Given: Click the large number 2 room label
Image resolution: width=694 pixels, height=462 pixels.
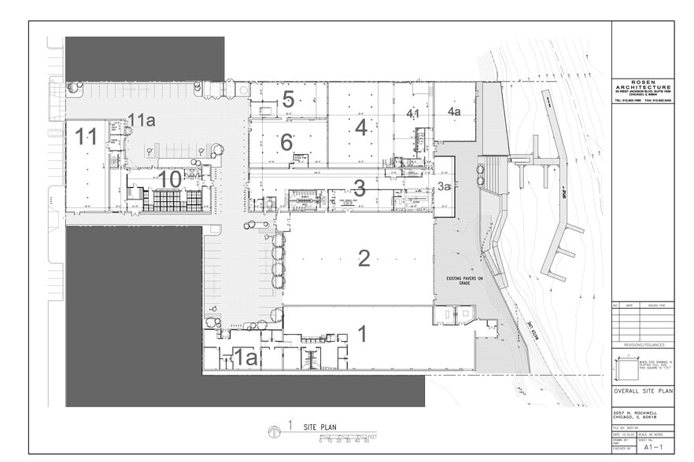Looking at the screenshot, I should click(x=364, y=258).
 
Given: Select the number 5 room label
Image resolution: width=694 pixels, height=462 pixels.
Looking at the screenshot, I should click(x=288, y=100).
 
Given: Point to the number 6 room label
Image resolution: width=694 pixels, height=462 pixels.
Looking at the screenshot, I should click(x=286, y=142).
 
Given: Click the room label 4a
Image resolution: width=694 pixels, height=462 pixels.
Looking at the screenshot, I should click(x=454, y=112).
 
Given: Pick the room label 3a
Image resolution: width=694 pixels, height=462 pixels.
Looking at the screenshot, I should click(x=444, y=186).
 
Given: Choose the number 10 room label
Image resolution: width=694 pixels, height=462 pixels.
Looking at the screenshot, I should click(x=170, y=179).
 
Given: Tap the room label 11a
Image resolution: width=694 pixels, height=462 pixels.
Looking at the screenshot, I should click(x=141, y=120).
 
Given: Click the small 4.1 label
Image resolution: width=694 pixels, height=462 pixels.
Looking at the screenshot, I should click(x=413, y=114).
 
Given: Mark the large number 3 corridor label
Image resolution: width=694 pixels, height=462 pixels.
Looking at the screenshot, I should click(x=359, y=189).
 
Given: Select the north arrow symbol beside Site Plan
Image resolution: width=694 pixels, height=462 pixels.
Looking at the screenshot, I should click(x=274, y=430).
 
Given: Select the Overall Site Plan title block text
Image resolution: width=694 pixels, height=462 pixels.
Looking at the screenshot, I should click(x=643, y=390).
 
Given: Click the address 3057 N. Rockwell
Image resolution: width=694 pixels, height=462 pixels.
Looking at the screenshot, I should click(x=635, y=411).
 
